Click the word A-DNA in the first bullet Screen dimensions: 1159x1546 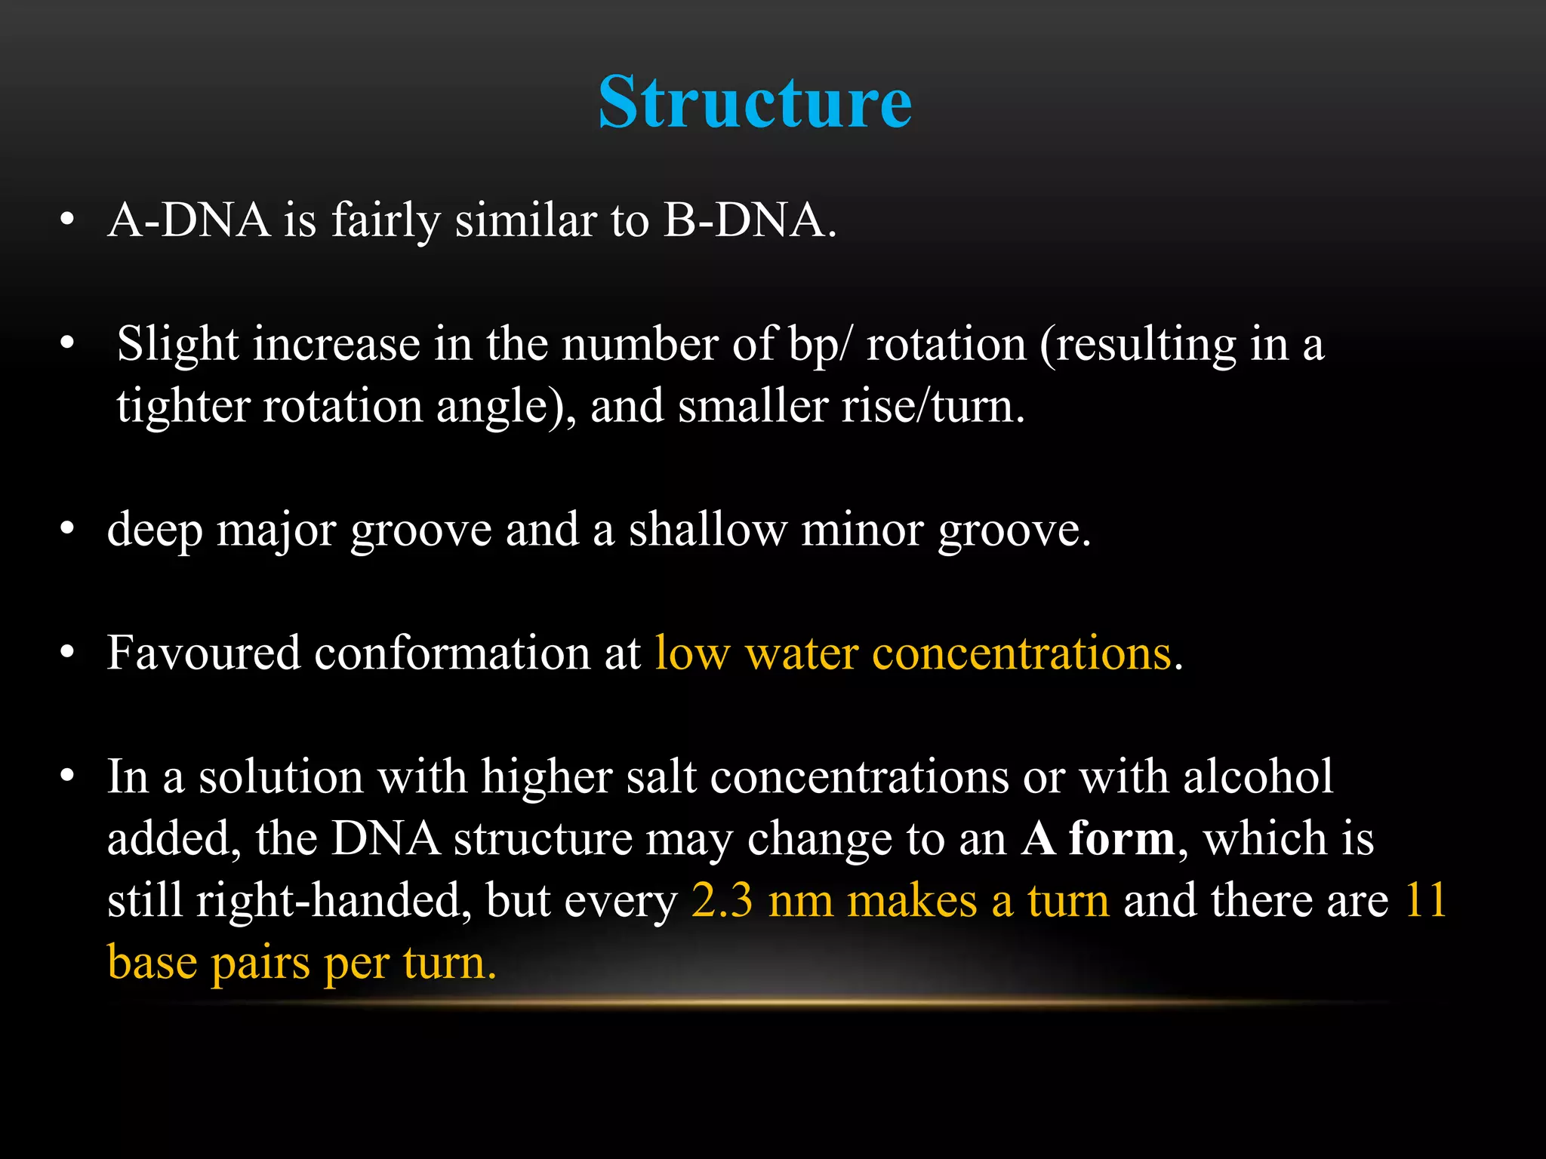point(189,220)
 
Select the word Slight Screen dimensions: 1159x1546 point(178,345)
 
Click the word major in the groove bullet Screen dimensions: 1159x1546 point(276,530)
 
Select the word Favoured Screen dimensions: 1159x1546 point(203,652)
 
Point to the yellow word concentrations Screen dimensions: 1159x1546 point(1022,653)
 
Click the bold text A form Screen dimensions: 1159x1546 point(1098,838)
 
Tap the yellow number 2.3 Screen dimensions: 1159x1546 point(722,900)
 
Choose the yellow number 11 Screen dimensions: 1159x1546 point(1425,900)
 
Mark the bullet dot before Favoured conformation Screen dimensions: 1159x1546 point(67,653)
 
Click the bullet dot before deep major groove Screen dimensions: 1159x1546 point(67,530)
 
